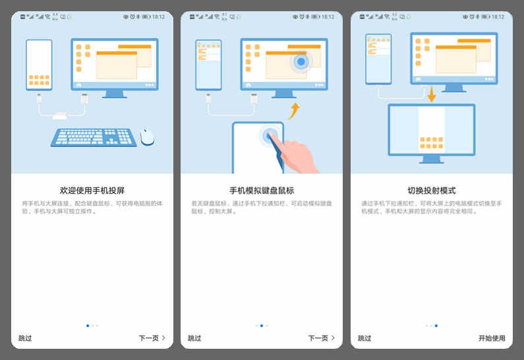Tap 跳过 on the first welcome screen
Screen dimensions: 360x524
25,338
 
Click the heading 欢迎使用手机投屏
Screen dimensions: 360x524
92,190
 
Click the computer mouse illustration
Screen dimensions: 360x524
147,136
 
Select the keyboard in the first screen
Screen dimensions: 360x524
94,137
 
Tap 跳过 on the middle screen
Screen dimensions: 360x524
194,338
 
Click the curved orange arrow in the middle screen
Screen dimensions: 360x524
294,109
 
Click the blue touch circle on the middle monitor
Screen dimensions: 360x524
301,62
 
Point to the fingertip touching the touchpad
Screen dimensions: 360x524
270,136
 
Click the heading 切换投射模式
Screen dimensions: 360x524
431,190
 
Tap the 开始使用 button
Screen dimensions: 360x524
492,338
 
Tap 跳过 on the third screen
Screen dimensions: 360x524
364,338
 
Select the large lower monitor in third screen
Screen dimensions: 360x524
431,130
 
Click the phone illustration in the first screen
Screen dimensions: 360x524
39,64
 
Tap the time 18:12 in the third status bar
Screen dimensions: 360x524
498,16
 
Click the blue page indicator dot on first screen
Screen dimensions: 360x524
88,325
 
